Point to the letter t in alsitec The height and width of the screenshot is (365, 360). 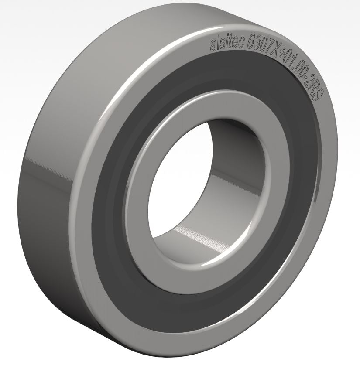(x=230, y=43)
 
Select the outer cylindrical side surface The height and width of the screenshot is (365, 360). (x=48, y=174)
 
